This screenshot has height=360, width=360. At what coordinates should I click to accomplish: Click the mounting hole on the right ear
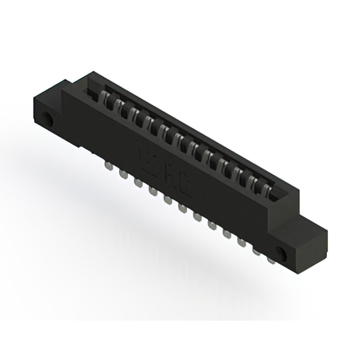(x=283, y=254)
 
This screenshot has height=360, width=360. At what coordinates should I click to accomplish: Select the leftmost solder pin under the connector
(x=107, y=167)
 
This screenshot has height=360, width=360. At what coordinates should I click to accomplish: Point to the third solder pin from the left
(x=137, y=182)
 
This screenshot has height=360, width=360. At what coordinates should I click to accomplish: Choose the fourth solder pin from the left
(x=152, y=191)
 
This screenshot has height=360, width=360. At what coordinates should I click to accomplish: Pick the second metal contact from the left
(x=119, y=107)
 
